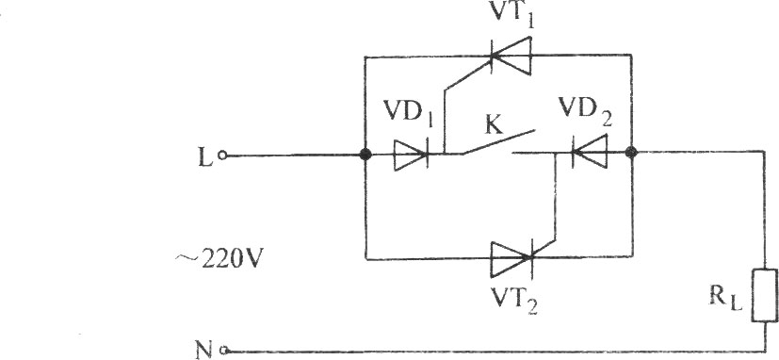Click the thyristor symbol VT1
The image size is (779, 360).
pos(511,56)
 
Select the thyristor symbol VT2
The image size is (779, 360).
pos(512,258)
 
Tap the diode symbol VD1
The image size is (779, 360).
pos(412,155)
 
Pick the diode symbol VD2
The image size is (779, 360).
pos(590,152)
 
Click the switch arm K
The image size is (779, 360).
pos(498,142)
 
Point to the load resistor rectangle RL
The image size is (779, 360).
pos(765,295)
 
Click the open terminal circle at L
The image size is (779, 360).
pos(223,156)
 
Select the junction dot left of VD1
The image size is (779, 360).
pos(365,155)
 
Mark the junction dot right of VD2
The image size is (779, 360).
pos(632,152)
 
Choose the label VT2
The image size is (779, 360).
pos(514,300)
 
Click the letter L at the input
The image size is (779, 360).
pos(204,157)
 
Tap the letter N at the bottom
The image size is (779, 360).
pos(204,352)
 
